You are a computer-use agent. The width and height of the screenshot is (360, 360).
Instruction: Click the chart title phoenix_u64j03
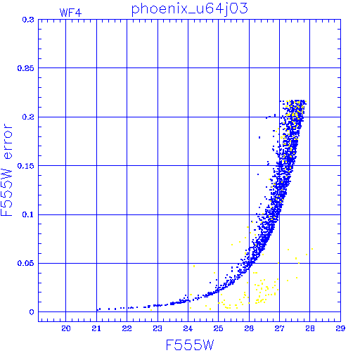pyautogui.click(x=189, y=10)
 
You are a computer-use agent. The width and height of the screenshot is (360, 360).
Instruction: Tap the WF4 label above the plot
pyautogui.click(x=70, y=13)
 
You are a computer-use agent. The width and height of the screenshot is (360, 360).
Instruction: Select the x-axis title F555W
pyautogui.click(x=190, y=345)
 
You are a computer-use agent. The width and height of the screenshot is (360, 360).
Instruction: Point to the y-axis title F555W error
pyautogui.click(x=7, y=169)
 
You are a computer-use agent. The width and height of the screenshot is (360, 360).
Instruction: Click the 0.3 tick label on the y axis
pyautogui.click(x=28, y=20)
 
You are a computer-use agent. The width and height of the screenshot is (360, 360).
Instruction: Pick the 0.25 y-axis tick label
pyautogui.click(x=26, y=68)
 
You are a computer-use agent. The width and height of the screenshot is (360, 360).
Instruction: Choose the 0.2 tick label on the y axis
pyautogui.click(x=28, y=117)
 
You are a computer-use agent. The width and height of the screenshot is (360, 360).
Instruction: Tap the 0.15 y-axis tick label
pyautogui.click(x=26, y=166)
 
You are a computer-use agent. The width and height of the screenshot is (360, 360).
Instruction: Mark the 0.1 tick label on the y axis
pyautogui.click(x=28, y=214)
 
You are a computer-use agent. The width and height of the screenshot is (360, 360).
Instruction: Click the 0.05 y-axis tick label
pyautogui.click(x=26, y=263)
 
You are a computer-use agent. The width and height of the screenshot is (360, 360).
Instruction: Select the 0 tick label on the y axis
pyautogui.click(x=32, y=312)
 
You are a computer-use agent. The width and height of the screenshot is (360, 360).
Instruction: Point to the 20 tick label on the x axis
pyautogui.click(x=66, y=328)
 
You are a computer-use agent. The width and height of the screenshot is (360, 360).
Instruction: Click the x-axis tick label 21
pyautogui.click(x=96, y=328)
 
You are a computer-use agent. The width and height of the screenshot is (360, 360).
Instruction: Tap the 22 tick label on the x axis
pyautogui.click(x=127, y=328)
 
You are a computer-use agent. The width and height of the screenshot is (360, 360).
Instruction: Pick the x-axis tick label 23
pyautogui.click(x=157, y=328)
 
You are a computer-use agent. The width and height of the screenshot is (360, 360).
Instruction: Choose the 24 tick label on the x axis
pyautogui.click(x=188, y=328)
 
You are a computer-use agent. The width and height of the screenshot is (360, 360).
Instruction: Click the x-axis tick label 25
pyautogui.click(x=218, y=328)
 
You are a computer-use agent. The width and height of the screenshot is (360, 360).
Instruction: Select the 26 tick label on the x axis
pyautogui.click(x=249, y=328)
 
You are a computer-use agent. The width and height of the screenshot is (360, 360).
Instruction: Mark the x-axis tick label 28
pyautogui.click(x=310, y=328)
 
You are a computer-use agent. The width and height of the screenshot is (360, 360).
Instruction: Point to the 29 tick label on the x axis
pyautogui.click(x=340, y=328)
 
